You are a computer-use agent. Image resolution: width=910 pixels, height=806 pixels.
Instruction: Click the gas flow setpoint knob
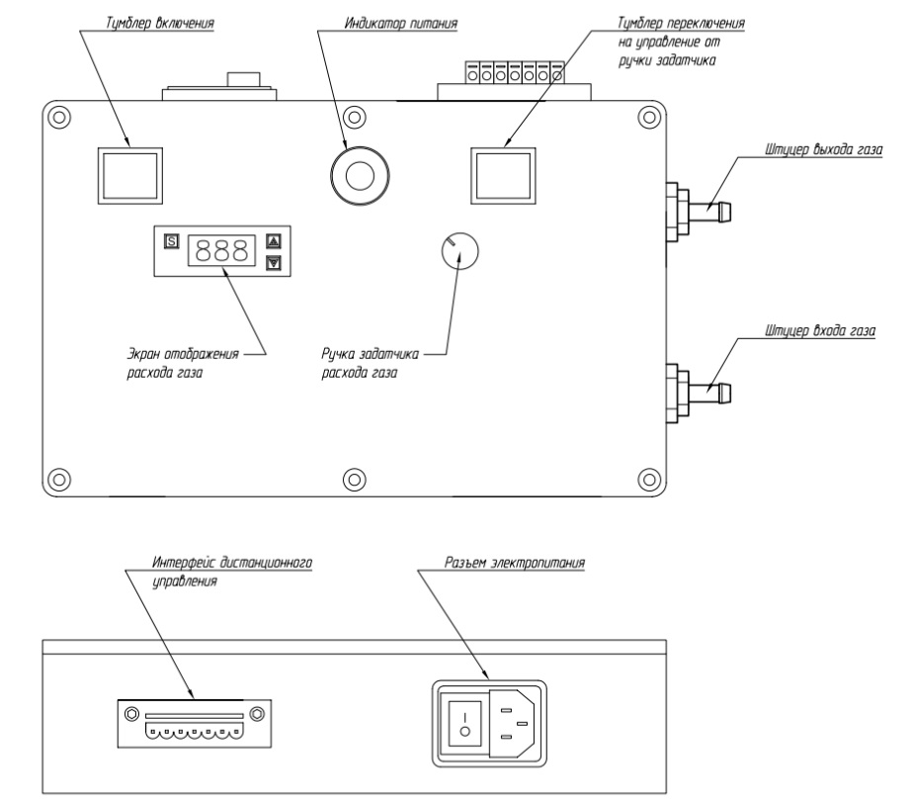click(x=457, y=252)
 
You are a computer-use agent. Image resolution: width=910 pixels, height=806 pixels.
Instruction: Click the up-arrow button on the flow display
click(x=274, y=239)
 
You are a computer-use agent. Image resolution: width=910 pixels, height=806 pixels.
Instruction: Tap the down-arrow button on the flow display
click(x=274, y=263)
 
